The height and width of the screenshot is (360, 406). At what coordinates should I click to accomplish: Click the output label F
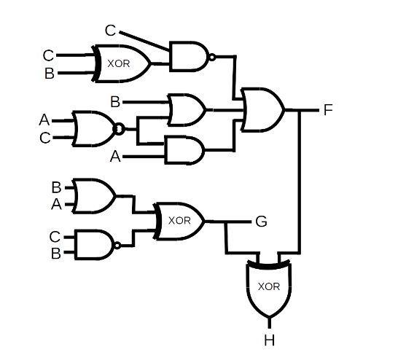coord(328,110)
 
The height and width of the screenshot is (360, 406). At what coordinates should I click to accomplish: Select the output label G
coord(260,222)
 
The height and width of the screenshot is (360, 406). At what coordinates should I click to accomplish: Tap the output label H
coord(269,340)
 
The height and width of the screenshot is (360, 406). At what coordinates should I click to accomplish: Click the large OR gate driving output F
coord(262,110)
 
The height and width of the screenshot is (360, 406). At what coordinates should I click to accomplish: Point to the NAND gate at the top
coord(189,56)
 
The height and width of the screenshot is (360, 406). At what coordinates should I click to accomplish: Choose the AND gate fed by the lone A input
coord(185,151)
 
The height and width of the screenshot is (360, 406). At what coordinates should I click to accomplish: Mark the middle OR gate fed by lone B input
coord(186,109)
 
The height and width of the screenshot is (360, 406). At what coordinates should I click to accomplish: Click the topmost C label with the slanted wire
coord(110,30)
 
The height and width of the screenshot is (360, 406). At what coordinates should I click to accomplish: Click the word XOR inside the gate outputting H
coord(269,286)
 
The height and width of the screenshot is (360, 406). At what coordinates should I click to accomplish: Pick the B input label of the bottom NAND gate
coord(55,253)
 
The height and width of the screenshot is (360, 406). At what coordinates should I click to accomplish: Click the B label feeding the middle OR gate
coord(114,101)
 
